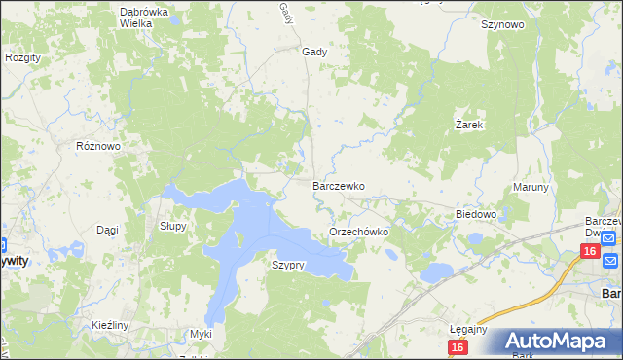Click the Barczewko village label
pos(338,185)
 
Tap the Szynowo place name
pos(502,25)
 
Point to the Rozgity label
pos(22,57)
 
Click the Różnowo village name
pos(97,146)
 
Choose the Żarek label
pos(469,125)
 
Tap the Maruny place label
pos(531,187)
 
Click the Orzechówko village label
pos(359,233)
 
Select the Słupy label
pos(173,225)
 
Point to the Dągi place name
pos(107,230)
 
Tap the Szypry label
pos(288,265)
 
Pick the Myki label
pos(201,334)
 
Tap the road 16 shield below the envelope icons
pos(589,252)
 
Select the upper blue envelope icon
pos(609,238)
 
